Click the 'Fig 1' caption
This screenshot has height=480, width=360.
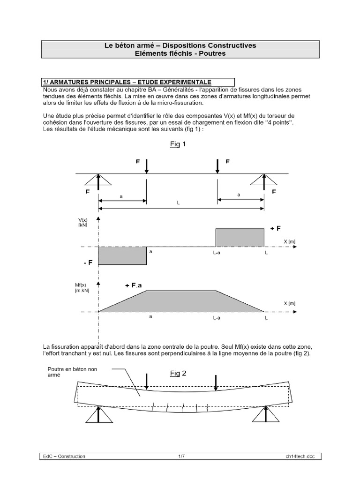coord(178,144)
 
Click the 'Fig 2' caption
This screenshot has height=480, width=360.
coord(178,374)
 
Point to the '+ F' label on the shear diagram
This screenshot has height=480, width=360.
coord(275,228)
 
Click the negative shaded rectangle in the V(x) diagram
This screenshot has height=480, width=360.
coord(122,255)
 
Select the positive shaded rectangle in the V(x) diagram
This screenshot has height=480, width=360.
coord(240,237)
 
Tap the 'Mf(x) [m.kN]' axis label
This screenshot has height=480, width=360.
coord(82,288)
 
